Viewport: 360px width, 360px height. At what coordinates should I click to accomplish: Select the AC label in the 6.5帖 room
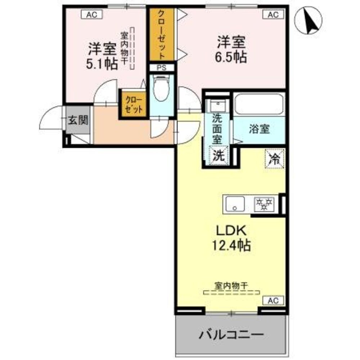click(x=273, y=14)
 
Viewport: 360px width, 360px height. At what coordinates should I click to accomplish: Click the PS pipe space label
click(x=161, y=67)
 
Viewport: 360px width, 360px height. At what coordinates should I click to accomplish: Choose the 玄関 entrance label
click(x=78, y=121)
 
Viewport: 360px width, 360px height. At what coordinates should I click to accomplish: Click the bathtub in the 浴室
click(x=260, y=104)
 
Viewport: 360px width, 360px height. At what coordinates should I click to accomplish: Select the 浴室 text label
click(x=259, y=129)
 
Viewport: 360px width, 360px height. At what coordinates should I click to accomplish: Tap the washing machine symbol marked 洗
click(x=219, y=156)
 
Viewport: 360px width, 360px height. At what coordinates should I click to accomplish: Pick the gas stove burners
click(x=265, y=204)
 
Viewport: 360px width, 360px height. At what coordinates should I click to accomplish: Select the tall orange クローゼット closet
click(x=162, y=34)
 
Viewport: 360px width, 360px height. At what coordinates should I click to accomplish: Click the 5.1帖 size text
click(x=102, y=64)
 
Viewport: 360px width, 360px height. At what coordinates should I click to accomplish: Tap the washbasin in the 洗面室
click(x=217, y=105)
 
